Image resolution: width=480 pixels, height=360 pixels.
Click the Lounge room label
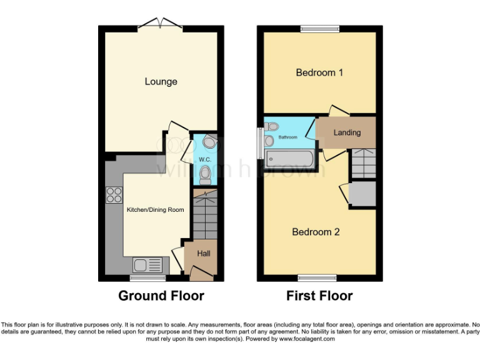tap(161, 81)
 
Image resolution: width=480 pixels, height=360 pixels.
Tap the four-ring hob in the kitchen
tap(114, 195)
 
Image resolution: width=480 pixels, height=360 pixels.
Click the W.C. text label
tap(204, 160)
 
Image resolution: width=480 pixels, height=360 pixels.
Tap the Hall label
tap(204, 254)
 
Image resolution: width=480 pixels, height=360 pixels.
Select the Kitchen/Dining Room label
tap(156, 209)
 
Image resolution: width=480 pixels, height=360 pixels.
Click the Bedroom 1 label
tap(319, 72)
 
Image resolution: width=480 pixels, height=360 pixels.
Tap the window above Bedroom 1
tap(319, 28)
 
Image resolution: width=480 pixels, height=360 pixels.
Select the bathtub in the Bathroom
tap(292, 159)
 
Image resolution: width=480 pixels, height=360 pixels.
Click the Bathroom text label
tap(288, 137)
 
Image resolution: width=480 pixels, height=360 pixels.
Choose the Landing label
tap(347, 132)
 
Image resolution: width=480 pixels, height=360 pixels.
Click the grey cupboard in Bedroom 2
tap(362, 194)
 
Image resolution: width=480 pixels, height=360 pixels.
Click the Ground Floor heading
tap(161, 296)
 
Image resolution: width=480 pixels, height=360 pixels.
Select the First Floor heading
tap(319, 296)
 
